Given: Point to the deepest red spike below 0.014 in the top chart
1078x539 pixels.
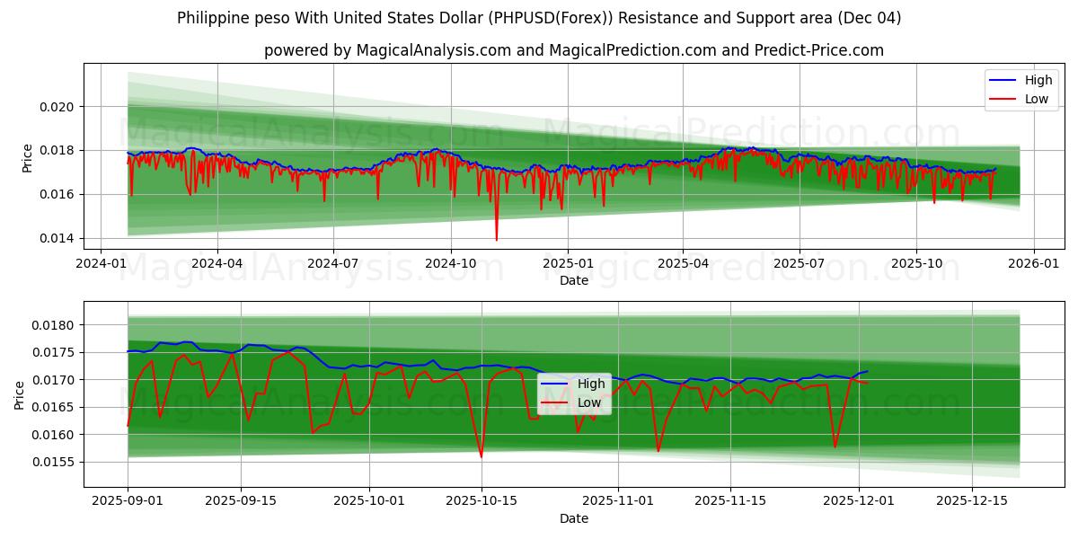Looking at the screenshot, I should click(x=496, y=239).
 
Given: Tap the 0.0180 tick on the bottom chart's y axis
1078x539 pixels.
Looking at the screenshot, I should click(x=57, y=325).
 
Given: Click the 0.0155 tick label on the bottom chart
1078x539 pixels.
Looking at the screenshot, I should click(x=57, y=463).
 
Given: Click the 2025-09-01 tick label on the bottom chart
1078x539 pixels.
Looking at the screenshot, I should click(x=128, y=499).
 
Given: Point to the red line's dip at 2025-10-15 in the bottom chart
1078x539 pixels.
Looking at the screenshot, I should click(x=481, y=456).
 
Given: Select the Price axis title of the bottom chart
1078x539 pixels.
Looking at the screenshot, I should click(x=20, y=395).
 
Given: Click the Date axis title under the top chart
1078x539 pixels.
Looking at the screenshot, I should click(x=574, y=281).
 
